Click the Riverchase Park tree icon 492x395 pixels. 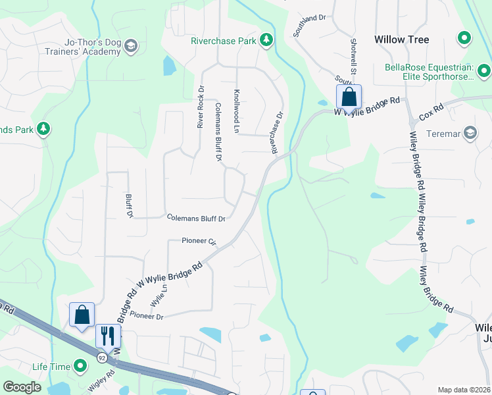(266, 41)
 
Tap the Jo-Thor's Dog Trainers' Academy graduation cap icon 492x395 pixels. (130, 46)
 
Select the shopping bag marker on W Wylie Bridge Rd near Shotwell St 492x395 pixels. (349, 97)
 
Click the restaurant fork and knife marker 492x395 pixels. (108, 335)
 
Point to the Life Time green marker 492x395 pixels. (80, 365)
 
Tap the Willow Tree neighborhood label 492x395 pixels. (401, 39)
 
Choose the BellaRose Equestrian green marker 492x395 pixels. (484, 70)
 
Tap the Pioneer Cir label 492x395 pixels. (199, 242)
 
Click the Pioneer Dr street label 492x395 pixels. (146, 316)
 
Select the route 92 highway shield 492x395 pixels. (101, 357)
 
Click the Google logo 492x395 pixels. (22, 387)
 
